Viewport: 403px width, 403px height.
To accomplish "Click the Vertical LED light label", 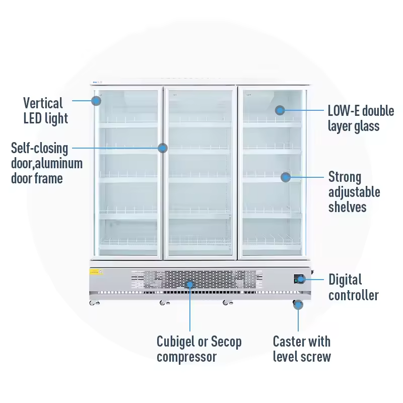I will tap(45, 110).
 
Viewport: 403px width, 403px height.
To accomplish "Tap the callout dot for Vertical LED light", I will tap(96, 100).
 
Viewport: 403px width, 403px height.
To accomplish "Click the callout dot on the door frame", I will tap(162, 148).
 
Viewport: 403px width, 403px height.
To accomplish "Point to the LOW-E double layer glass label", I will tap(360, 118).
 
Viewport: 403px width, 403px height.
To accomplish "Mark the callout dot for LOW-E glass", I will tap(280, 110).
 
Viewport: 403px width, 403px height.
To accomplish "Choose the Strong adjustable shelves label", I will tap(354, 192).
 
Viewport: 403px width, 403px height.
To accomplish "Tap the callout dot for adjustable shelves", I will tap(286, 177).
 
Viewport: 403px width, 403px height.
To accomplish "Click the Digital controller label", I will tap(353, 287).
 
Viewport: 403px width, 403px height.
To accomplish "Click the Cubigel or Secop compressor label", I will tap(199, 349).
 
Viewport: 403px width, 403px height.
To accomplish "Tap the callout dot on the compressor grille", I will tap(190, 285).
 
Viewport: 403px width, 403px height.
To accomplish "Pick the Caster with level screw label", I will tap(302, 349).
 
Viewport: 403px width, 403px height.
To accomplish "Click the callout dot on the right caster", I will tap(298, 304).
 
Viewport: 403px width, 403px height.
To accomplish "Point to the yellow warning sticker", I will tap(96, 272).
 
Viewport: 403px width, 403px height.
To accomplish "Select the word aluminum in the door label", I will tap(62, 163).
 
